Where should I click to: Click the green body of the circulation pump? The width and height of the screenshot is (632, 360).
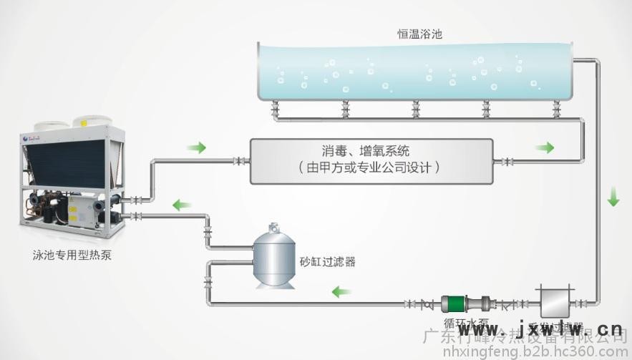[x=453, y=304]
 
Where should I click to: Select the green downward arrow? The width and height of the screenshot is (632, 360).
[x=613, y=196]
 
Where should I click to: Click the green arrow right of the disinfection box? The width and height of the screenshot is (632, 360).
[x=545, y=148]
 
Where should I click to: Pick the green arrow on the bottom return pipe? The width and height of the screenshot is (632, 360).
[x=341, y=291]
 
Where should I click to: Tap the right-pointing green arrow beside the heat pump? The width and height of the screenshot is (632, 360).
[x=196, y=148]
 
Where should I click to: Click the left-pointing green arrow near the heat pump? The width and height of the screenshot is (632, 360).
[x=181, y=206]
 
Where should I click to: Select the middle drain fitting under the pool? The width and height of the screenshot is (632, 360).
[x=416, y=110]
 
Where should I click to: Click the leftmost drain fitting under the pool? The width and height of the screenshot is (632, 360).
[x=276, y=110]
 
